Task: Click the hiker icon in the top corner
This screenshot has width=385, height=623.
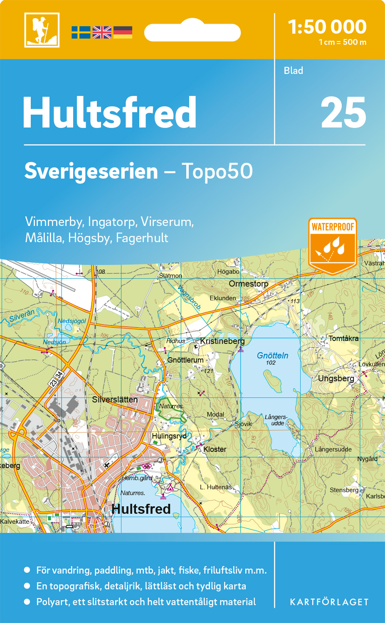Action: pos(42,30)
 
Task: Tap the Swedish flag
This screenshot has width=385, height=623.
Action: pos(81,32)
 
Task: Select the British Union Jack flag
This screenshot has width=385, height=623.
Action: pos(102,32)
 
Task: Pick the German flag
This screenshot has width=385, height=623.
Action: pos(123,32)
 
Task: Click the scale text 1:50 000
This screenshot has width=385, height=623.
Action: pos(327,27)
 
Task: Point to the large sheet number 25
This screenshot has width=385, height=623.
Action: pos(343,113)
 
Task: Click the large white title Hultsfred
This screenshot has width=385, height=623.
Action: pos(109,113)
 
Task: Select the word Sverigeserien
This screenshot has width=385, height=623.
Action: pos(91,171)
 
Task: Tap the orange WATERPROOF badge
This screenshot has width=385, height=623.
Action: pos(333,245)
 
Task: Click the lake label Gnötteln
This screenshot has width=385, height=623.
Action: pos(272,356)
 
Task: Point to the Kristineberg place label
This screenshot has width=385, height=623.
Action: pos(222,341)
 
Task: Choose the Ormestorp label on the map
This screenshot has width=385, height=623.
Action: pos(248,284)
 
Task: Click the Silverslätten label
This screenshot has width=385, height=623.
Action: pos(115,400)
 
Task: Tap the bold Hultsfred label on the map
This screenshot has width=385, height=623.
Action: pos(141,509)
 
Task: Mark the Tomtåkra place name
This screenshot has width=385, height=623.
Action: pos(343,338)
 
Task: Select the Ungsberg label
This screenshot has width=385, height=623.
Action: pos(336,378)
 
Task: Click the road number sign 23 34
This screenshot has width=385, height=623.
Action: pos(57,379)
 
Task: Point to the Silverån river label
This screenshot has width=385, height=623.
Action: pos(22,315)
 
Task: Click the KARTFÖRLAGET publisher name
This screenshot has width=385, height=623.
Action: pos(329,602)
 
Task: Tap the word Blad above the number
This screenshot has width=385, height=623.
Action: pos(293,71)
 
